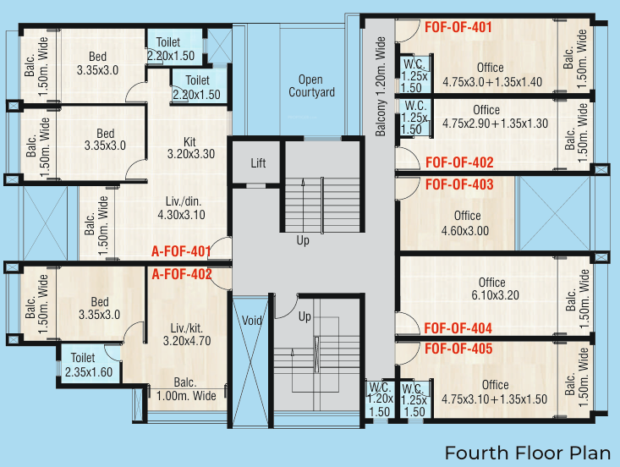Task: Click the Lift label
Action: click(x=257, y=162)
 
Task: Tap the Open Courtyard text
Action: click(x=311, y=86)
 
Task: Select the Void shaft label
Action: click(x=252, y=321)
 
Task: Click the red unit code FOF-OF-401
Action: click(x=458, y=28)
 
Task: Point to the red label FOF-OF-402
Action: click(x=459, y=162)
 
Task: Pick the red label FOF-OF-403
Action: click(x=459, y=184)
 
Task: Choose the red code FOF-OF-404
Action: click(x=458, y=328)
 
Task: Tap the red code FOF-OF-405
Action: click(x=458, y=348)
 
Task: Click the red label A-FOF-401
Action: click(x=180, y=251)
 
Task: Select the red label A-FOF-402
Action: click(x=180, y=274)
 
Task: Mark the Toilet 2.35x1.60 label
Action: click(x=83, y=364)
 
